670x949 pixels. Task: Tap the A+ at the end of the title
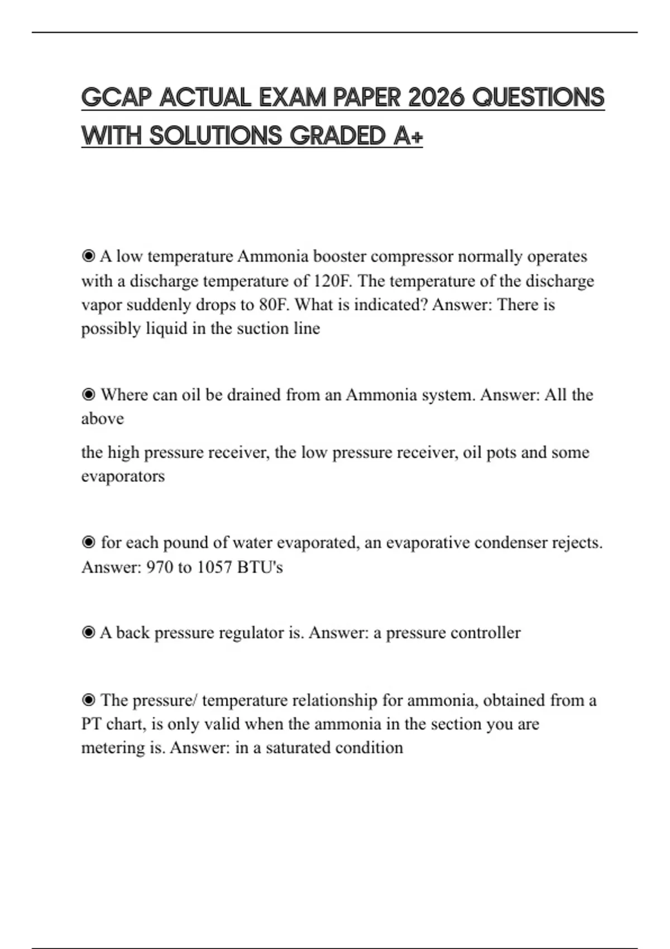click(x=408, y=136)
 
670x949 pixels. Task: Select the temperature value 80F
click(x=272, y=304)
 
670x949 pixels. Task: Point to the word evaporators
click(x=123, y=476)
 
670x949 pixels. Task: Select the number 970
click(x=159, y=567)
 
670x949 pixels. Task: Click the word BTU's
click(x=260, y=567)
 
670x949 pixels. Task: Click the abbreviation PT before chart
click(x=91, y=724)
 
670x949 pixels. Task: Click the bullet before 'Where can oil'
click(x=88, y=395)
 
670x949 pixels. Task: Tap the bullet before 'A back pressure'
click(x=88, y=632)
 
